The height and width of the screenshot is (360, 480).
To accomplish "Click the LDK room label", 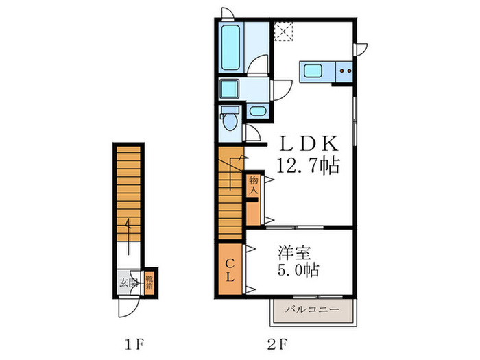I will pos(308,144).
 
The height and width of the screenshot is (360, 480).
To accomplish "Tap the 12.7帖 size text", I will pos(308,165).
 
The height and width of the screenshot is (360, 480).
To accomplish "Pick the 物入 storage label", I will pos(252,184).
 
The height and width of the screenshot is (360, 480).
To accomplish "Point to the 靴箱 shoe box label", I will pos(148,282).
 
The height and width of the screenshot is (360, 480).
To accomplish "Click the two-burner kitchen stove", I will pos(344,69).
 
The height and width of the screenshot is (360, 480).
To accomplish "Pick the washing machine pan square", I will pos(229,89).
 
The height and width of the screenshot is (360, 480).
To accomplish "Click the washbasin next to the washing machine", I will pos(258,110).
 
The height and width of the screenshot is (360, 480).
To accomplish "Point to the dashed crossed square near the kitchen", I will pos(283,32).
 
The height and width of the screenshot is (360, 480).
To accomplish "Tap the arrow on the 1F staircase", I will pos(128,226).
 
